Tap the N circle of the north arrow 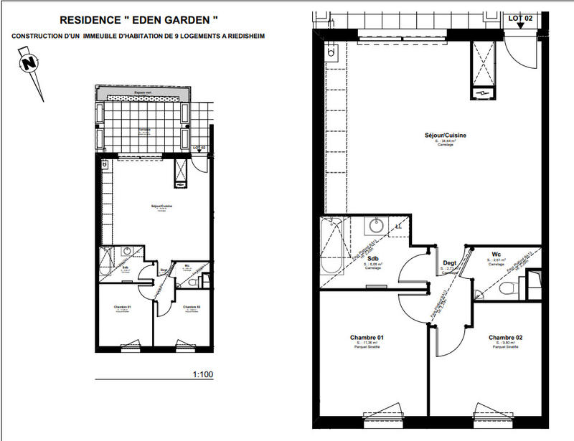[x=29, y=62]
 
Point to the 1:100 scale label [x=203, y=374]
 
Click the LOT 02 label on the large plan [x=521, y=17]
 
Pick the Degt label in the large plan [x=449, y=264]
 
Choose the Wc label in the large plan [x=496, y=254]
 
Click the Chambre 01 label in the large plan [x=367, y=337]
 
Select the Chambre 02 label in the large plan [x=507, y=337]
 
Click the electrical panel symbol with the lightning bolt [x=482, y=92]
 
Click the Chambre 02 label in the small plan [x=192, y=308]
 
